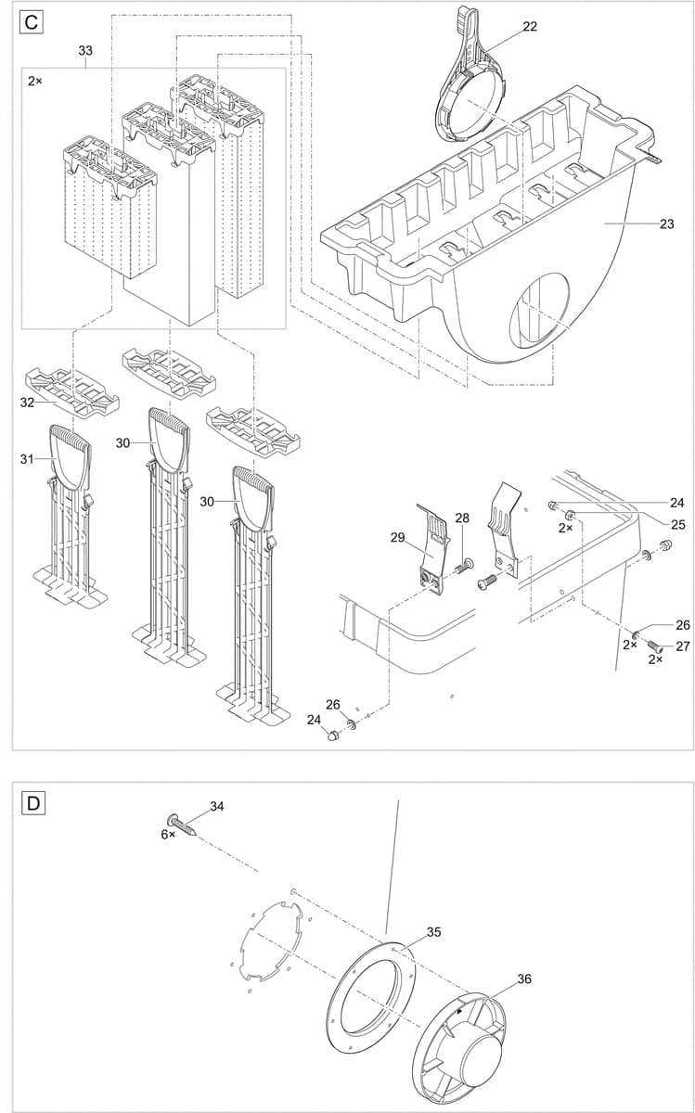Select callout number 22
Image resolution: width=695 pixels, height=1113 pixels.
tap(530, 27)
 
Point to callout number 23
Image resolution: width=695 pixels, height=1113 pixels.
tap(666, 224)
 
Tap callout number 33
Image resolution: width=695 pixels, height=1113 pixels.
tap(85, 51)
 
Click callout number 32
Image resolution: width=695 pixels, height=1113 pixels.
tap(28, 403)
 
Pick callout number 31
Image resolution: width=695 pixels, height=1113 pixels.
tap(27, 458)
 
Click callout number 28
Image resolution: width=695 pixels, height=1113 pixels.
tap(462, 517)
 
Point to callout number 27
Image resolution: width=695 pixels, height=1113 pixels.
tap(683, 646)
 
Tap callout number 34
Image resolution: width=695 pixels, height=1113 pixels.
tap(216, 807)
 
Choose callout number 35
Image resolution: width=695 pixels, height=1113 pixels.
tap(434, 932)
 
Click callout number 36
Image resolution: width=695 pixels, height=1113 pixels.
tap(524, 979)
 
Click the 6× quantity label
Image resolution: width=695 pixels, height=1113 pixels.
tap(168, 835)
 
